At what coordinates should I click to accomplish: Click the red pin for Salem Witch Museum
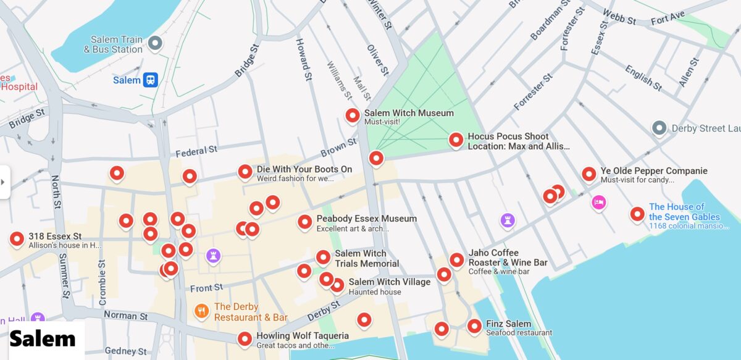353,115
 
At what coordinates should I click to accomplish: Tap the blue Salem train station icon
151,80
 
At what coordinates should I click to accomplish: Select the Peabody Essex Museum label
366,219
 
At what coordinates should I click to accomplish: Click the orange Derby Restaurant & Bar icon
201,311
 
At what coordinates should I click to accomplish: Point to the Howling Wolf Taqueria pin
245,338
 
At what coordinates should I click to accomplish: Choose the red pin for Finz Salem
474,325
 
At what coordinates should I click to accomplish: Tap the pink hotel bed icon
598,202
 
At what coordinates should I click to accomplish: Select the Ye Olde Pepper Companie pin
589,174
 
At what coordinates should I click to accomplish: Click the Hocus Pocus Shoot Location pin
456,140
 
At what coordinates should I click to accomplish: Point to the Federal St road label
196,150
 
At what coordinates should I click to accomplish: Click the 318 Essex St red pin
17,238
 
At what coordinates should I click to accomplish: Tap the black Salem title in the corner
43,338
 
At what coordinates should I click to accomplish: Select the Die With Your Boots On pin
245,172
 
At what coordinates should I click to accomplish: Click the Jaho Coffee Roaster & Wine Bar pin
456,259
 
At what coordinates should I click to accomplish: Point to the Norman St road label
125,316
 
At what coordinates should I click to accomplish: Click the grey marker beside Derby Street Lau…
659,128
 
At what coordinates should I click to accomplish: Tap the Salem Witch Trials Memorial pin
323,257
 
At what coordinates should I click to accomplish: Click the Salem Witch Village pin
337,285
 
